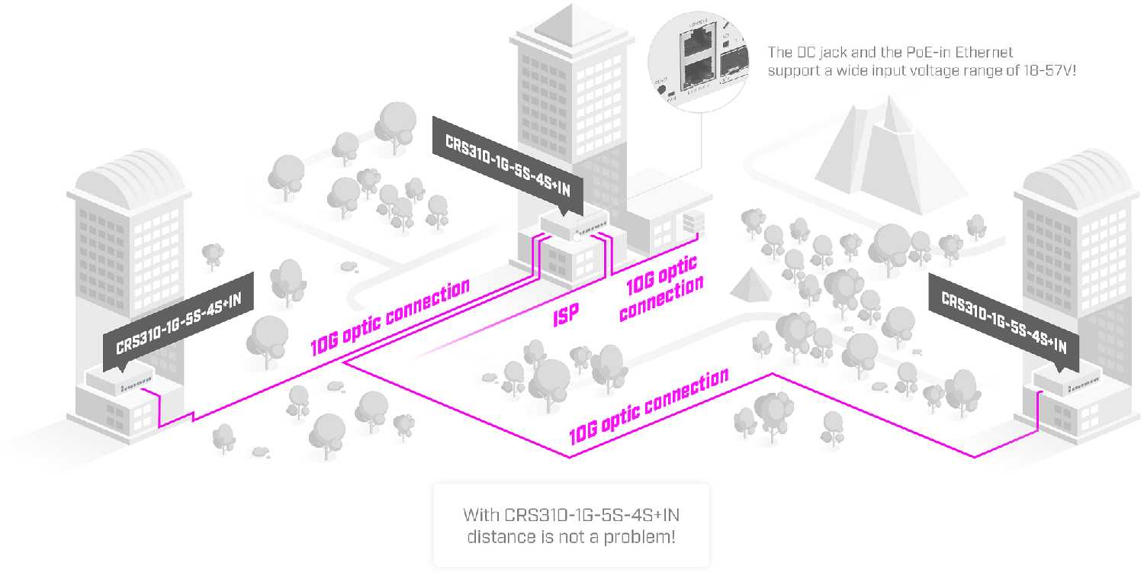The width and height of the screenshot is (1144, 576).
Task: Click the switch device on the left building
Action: pos(119,379)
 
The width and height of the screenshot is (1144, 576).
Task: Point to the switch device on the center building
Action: pos(574,224)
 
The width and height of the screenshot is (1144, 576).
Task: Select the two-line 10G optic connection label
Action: pos(660,288)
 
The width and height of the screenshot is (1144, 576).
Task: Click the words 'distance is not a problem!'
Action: pos(570,536)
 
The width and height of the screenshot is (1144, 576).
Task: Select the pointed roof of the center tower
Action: pos(569,23)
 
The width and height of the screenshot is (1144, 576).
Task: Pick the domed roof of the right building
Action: pos(1074,180)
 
